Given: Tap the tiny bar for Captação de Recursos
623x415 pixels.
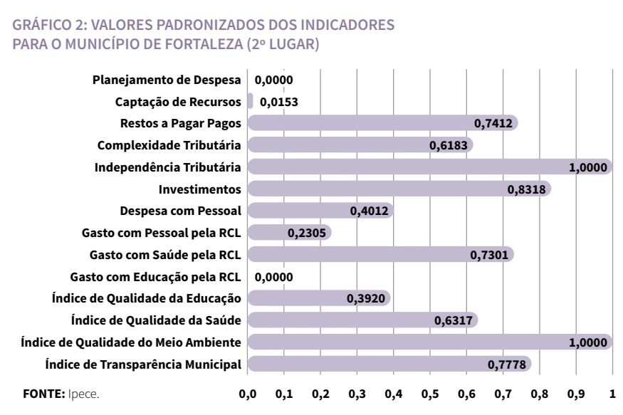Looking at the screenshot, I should click(x=250, y=101).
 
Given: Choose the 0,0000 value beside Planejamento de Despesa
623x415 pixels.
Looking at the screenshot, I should click(x=274, y=80).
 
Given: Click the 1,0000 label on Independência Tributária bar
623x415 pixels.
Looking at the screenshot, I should click(x=588, y=167).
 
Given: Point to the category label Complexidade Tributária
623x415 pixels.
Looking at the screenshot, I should click(x=169, y=145).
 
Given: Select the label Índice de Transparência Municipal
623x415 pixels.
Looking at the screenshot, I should click(x=143, y=365).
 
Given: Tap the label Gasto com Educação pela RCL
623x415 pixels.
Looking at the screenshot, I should click(x=156, y=277).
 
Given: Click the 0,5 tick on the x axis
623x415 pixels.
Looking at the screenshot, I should click(x=430, y=394).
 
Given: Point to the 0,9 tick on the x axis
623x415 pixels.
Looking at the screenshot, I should click(x=576, y=394).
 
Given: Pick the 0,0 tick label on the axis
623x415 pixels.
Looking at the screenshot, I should click(x=248, y=394).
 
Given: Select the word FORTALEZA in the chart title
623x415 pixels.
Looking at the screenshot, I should click(x=194, y=45).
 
